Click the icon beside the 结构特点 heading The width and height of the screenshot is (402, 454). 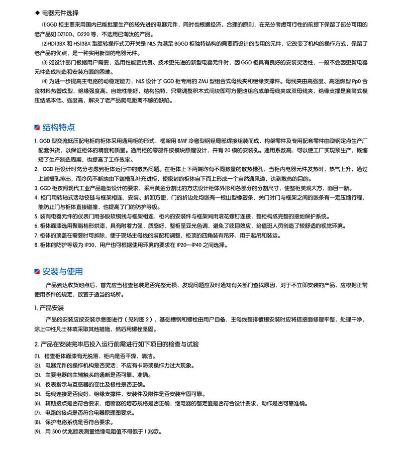pos(37,127)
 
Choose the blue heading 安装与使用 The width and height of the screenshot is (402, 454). pos(63,272)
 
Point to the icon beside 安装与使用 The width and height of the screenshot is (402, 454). pos(37,272)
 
